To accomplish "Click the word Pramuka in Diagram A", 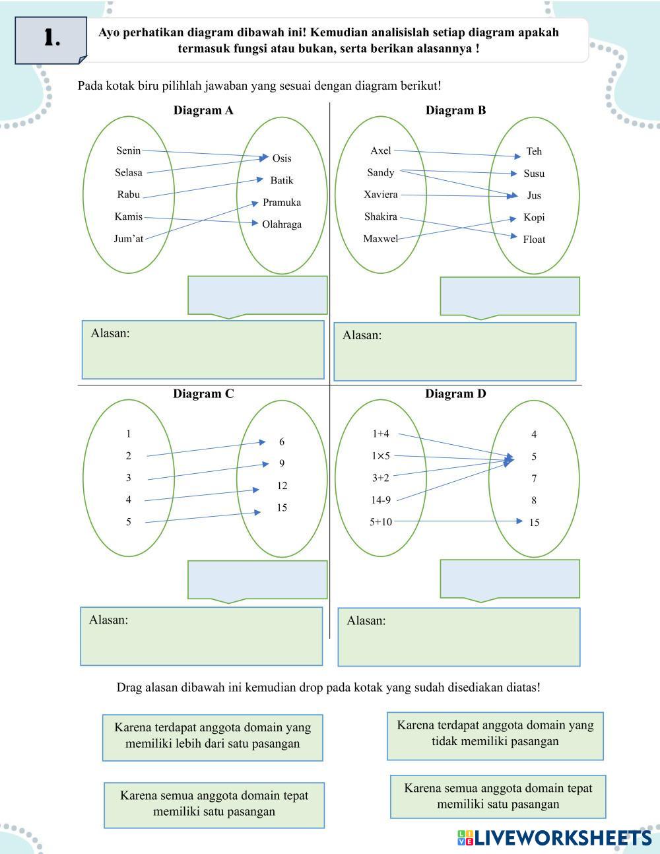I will (281, 202).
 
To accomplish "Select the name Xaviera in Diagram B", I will (381, 195).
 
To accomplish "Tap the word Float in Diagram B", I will (534, 240).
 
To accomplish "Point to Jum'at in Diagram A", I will (128, 239).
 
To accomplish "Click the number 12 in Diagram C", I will (282, 486).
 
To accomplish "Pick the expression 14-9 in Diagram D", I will (381, 500).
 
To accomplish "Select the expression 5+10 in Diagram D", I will (381, 522).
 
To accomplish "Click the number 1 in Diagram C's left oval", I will (129, 434).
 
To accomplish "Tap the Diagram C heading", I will (203, 394).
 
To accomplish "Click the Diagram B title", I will (455, 110).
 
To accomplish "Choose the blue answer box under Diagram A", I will (257, 295).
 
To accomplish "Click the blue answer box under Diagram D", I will (510, 579).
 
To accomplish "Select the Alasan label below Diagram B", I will (362, 335).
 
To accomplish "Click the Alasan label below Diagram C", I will (109, 620).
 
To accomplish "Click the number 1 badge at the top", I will (51, 39).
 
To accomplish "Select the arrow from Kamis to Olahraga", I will (198, 220).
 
